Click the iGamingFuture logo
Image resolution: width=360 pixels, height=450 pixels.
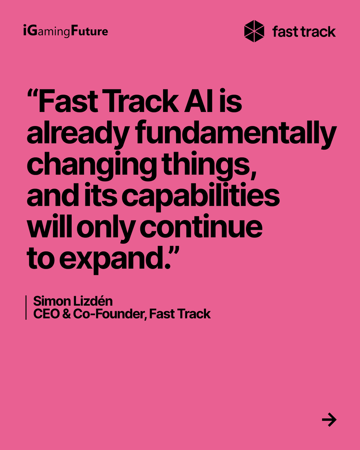point(65,31)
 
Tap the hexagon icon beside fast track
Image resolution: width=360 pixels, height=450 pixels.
point(254,31)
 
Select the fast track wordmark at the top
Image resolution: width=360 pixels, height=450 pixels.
point(304,31)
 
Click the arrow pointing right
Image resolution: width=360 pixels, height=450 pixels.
point(329,420)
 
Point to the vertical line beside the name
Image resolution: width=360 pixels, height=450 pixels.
point(26,307)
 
